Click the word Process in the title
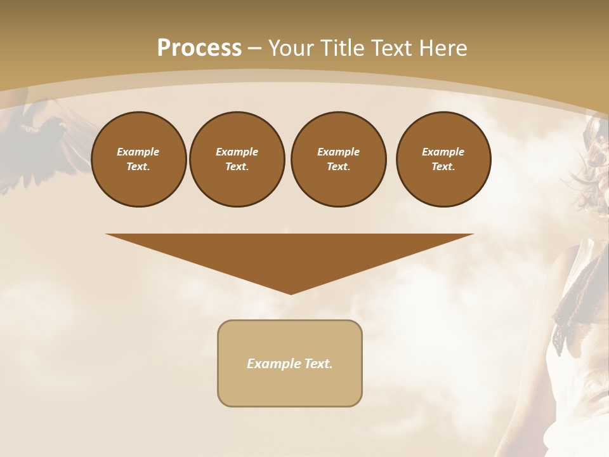199,48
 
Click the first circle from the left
139,159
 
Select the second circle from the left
237,159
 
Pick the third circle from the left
339,159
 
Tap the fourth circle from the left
443,159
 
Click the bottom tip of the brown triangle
291,293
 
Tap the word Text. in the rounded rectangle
319,364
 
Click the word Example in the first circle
138,152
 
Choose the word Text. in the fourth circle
443,166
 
